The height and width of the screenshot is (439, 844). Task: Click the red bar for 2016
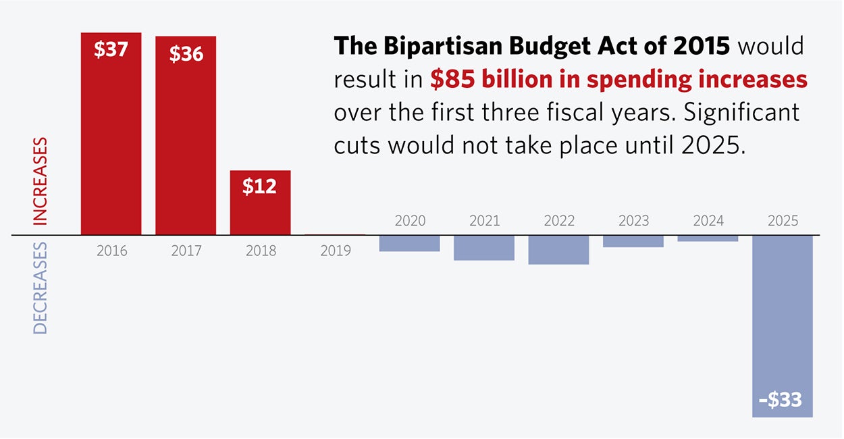tap(111, 135)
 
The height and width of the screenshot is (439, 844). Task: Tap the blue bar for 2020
tap(409, 243)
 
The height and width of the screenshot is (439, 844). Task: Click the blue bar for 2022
tap(558, 249)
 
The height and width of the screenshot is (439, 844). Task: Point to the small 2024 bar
tap(708, 238)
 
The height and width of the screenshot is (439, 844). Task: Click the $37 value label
tap(111, 50)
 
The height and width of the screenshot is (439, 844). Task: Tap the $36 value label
tap(186, 54)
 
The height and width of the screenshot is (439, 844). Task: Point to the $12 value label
tap(260, 186)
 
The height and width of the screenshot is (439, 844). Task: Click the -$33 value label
tap(780, 400)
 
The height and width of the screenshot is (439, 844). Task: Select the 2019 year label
tap(336, 251)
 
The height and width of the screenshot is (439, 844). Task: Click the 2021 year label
tap(484, 221)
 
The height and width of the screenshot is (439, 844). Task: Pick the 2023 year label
tap(633, 221)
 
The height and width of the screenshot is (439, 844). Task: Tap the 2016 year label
tap(111, 251)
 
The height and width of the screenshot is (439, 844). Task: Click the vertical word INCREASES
tap(41, 181)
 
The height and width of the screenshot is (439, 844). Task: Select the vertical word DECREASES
tap(41, 288)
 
